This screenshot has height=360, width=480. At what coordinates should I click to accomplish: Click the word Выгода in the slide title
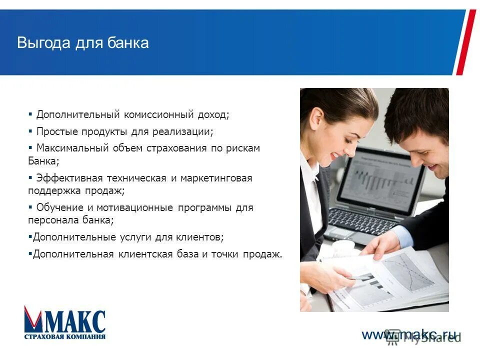click(x=44, y=42)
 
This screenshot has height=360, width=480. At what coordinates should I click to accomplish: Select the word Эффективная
click(x=69, y=178)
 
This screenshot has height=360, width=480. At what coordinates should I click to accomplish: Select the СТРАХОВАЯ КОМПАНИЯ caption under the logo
click(x=65, y=336)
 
